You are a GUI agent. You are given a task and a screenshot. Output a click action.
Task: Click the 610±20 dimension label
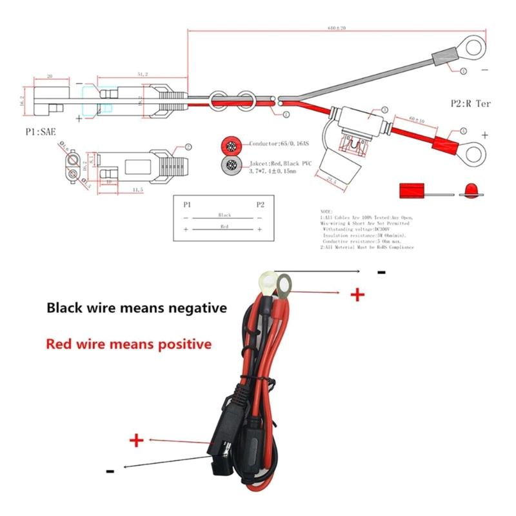[x=337, y=28]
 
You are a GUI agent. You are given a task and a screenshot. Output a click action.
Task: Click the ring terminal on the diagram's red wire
[x=475, y=154]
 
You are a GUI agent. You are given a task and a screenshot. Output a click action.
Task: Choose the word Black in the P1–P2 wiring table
[x=224, y=214]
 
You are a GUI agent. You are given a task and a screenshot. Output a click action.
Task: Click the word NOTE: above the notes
[x=326, y=212]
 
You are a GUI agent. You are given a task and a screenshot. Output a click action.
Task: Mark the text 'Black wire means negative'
[x=136, y=308]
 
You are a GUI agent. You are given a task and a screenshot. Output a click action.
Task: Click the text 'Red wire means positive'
[x=128, y=344]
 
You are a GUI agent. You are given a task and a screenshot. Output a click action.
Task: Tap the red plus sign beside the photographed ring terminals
[x=357, y=295]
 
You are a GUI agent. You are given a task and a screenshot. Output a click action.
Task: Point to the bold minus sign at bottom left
[x=110, y=471]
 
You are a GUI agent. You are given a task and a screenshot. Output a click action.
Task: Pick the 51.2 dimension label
[x=142, y=75]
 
